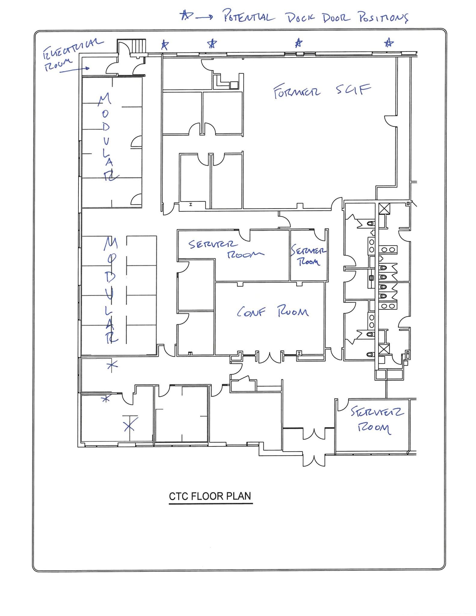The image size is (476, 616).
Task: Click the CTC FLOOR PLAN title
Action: (x=210, y=496)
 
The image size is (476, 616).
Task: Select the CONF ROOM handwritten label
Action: (x=272, y=312)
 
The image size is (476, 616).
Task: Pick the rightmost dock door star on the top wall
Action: (x=389, y=43)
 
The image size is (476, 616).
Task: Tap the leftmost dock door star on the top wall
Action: (x=164, y=45)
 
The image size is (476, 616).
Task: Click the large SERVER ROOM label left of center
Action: (x=226, y=249)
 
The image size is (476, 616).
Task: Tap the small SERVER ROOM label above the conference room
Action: (x=309, y=256)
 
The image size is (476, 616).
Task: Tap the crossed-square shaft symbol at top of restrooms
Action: (x=384, y=208)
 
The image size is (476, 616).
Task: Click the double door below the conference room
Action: (x=269, y=357)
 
